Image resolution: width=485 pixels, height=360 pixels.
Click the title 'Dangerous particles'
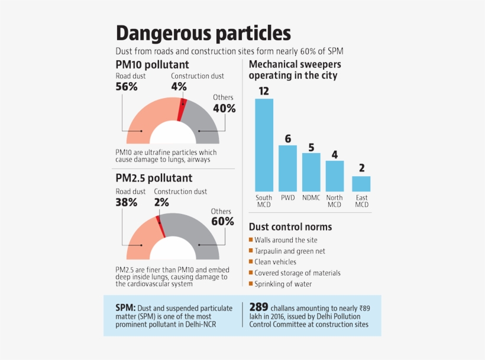pos(203,33)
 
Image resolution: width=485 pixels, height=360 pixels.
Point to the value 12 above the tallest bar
pos(264,91)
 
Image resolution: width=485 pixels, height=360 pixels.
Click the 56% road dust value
pos(127,86)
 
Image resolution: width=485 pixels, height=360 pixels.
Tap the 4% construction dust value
pos(179,86)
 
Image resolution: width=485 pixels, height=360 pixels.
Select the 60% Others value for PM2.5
pos(223,222)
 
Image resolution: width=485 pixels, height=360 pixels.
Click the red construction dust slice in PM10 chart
pos(182,110)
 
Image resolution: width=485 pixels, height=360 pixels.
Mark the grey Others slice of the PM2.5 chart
pos(195,233)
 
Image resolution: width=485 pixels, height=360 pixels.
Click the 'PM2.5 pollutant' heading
pos(154,177)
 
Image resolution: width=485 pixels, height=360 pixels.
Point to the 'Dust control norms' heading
pos(290,227)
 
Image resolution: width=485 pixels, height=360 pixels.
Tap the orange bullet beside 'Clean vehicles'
pos(251,261)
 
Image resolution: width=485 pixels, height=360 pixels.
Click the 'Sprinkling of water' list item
pos(283,284)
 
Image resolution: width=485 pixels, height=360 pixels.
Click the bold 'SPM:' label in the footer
pos(125,308)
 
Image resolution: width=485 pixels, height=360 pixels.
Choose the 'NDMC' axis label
pos(311,197)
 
